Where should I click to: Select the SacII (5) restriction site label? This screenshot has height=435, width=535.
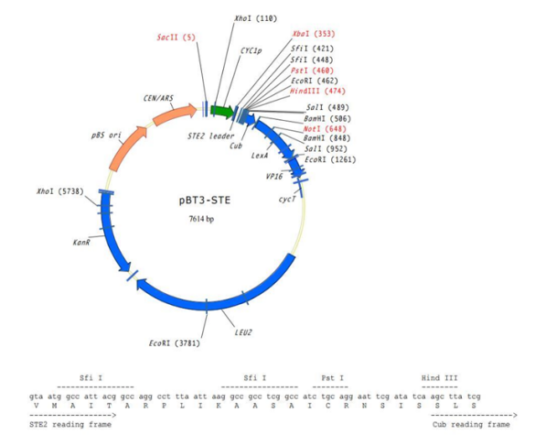click(x=176, y=38)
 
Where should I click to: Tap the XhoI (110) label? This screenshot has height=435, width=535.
click(x=255, y=17)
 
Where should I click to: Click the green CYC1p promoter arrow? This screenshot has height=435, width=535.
click(x=221, y=111)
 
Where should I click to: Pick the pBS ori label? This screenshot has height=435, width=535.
click(x=106, y=135)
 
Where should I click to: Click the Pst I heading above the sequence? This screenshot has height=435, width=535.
click(x=331, y=376)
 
